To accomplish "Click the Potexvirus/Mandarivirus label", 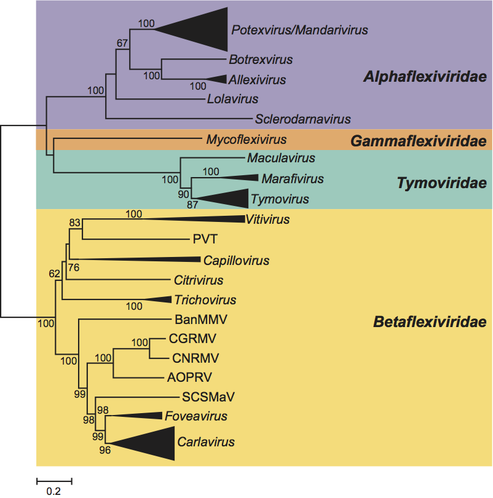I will [299, 29].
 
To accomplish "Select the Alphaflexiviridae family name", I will [425, 77].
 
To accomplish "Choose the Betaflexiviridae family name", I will [429, 322].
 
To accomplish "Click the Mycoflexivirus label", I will [246, 140].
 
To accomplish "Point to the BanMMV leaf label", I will [192, 319].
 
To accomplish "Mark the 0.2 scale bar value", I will [54, 491].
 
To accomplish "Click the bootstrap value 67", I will [122, 44].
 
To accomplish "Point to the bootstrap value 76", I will [75, 267].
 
